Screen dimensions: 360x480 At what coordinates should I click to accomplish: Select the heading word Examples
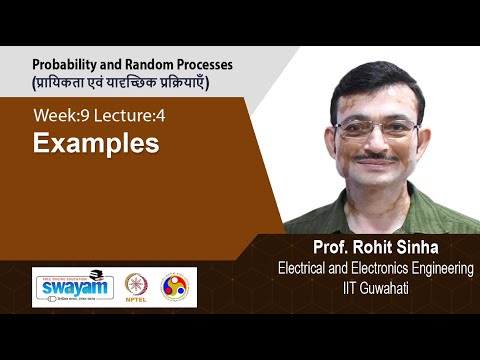coord(96,144)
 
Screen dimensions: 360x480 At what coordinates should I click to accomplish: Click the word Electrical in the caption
coord(305,267)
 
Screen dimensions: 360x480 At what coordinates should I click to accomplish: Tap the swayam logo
coord(73,287)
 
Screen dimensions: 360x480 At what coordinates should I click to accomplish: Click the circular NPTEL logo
coord(136,286)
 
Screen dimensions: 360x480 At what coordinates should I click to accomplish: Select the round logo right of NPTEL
coord(173,286)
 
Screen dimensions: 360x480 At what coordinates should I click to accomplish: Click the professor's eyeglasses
coord(377,128)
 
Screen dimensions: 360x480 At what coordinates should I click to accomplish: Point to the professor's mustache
coord(379,158)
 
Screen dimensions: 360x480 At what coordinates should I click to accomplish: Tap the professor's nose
coord(378,143)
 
